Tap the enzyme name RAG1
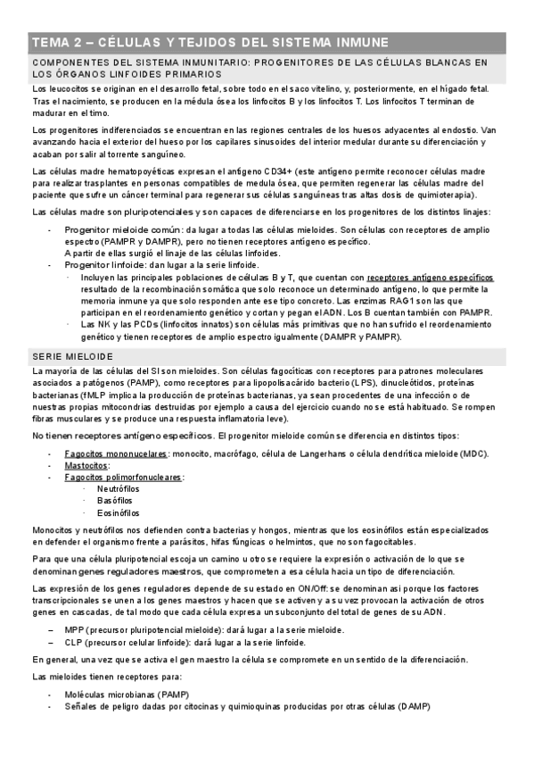[x=441, y=302]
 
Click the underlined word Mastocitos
[x=87, y=466]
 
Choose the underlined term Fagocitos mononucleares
[x=116, y=454]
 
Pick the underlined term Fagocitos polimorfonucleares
[x=124, y=478]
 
